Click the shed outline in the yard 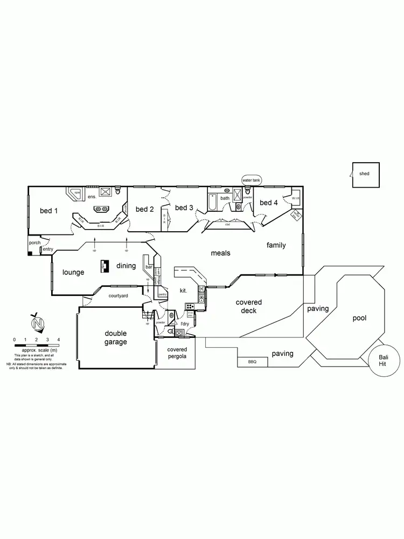(x=365, y=175)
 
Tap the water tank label (x=250, y=179)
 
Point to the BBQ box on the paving (x=252, y=361)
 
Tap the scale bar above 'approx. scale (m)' (x=36, y=343)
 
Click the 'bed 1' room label (x=48, y=211)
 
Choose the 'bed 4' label (x=268, y=203)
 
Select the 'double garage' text (x=116, y=337)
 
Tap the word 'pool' (x=359, y=318)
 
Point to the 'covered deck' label (x=249, y=307)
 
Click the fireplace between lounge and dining (x=103, y=266)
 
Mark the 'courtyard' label (x=118, y=296)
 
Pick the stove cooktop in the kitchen (x=190, y=306)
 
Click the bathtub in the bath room (x=212, y=202)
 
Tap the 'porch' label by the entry (x=34, y=243)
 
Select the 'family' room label (x=276, y=245)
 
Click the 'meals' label (x=221, y=252)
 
